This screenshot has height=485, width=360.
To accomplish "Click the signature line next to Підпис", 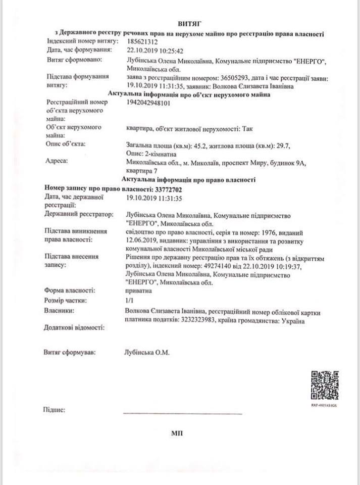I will pyautogui.click(x=182, y=413).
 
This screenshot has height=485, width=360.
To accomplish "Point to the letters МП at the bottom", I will pyautogui.click(x=177, y=433).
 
